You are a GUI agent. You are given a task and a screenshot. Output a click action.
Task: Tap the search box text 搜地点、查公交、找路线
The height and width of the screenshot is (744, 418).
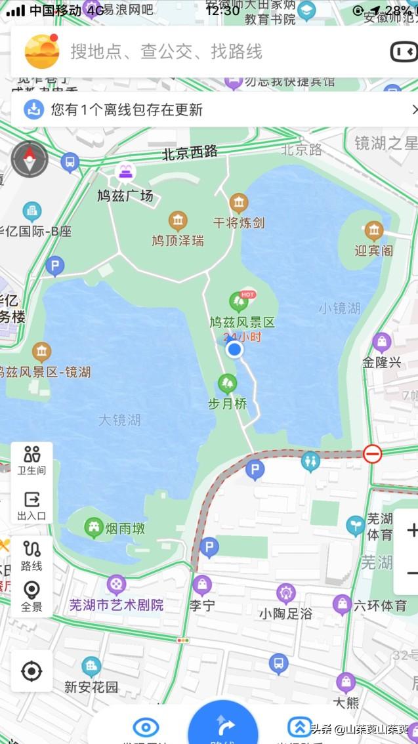[166, 52]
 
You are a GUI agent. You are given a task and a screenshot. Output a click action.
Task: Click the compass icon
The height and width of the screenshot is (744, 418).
[30, 159]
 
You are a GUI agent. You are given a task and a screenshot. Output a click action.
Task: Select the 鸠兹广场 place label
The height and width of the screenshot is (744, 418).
[125, 196]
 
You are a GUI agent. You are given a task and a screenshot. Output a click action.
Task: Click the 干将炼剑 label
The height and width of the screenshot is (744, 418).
[239, 222]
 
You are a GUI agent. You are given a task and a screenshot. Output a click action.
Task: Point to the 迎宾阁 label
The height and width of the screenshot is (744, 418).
[373, 250]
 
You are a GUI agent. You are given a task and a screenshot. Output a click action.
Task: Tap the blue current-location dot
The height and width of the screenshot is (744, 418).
[234, 350]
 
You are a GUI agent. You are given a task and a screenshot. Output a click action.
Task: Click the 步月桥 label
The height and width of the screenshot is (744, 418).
[228, 403]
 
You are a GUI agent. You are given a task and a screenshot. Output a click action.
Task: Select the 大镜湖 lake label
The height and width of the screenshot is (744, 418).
[119, 420]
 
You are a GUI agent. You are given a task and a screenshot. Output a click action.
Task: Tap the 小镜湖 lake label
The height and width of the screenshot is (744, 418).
[339, 308]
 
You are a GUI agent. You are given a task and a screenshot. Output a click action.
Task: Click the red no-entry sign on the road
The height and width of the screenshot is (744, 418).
[373, 453]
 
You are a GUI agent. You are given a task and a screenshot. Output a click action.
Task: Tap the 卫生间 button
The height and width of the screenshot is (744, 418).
[31, 460]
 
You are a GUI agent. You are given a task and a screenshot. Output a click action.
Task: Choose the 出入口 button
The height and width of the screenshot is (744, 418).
[31, 506]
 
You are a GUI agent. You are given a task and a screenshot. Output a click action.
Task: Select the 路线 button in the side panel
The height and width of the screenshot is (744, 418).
[31, 555]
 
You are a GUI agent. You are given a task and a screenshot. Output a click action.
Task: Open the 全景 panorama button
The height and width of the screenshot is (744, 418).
[31, 596]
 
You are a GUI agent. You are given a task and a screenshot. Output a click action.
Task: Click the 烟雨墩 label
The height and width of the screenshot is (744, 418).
[124, 527]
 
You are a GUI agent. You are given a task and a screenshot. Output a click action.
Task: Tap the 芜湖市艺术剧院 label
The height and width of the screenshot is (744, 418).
[116, 605]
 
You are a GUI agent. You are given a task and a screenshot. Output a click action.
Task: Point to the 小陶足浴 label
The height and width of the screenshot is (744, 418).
[285, 613]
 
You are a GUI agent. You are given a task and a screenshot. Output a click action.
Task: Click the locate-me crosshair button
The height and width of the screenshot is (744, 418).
[31, 671]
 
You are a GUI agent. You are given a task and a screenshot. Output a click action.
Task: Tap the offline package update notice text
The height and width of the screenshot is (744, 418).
[127, 110]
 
